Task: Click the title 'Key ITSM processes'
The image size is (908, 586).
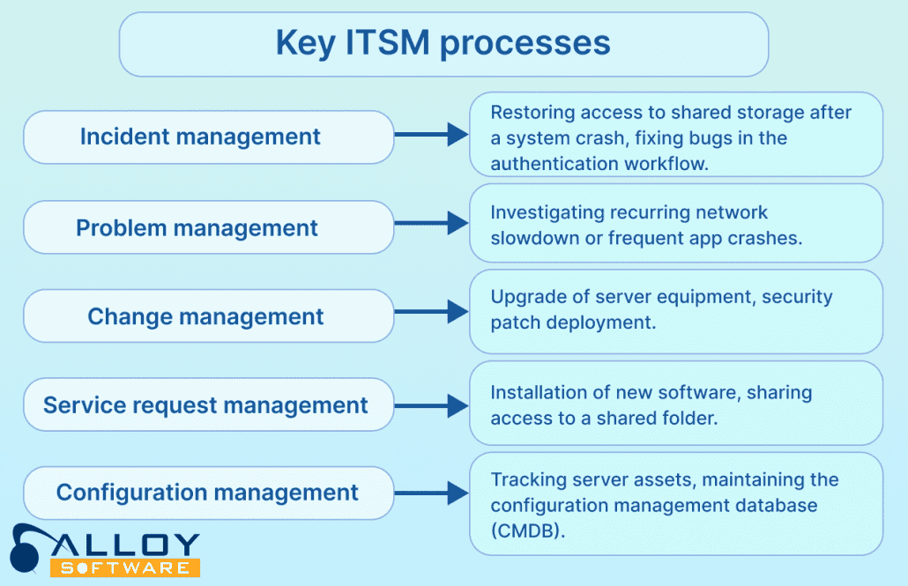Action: pos(443,43)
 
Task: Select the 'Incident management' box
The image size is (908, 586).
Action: pos(208,137)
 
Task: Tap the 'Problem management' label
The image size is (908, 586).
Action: pos(197,228)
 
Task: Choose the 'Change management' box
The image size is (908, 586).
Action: pos(208,316)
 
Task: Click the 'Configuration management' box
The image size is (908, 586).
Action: pos(208,493)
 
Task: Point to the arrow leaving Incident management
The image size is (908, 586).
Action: pos(431,135)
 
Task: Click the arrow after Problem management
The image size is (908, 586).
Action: pos(431,224)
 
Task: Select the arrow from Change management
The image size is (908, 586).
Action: pos(431,311)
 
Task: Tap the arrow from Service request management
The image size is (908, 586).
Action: pos(431,405)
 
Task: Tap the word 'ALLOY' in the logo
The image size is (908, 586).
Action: pos(132,543)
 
